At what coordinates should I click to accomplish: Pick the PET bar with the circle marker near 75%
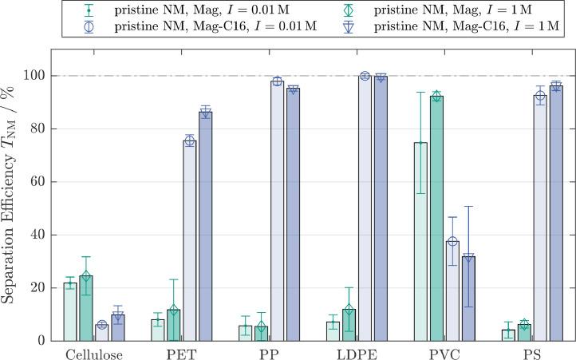(x=190, y=240)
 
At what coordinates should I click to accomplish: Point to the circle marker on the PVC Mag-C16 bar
(x=452, y=242)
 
